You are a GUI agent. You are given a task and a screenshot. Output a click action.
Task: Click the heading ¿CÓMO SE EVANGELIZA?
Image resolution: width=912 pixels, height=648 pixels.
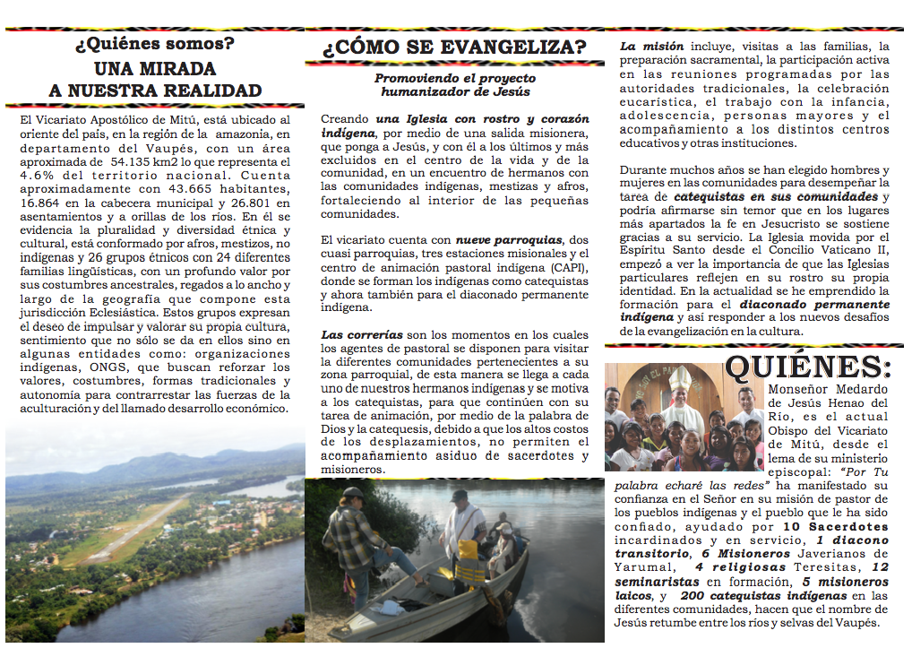454,47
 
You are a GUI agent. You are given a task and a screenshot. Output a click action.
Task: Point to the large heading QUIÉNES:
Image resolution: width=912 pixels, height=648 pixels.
808,367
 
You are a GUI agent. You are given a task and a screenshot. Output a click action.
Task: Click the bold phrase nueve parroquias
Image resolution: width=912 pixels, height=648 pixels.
508,240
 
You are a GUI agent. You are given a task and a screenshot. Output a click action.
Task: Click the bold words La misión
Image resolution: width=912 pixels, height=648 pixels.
652,47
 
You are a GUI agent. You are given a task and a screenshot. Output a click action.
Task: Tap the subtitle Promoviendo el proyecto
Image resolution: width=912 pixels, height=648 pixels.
454,78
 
